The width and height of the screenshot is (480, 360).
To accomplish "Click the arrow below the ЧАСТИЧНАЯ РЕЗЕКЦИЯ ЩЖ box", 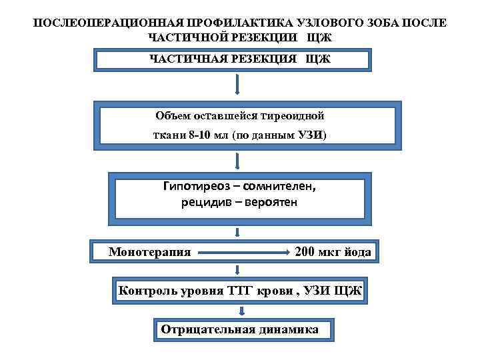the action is pos(238,85).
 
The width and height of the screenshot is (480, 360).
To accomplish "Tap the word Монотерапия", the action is pos(150,252).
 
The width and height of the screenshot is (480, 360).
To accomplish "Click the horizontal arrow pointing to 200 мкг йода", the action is pos(243,253).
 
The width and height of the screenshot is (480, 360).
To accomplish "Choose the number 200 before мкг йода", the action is pos(306,251).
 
